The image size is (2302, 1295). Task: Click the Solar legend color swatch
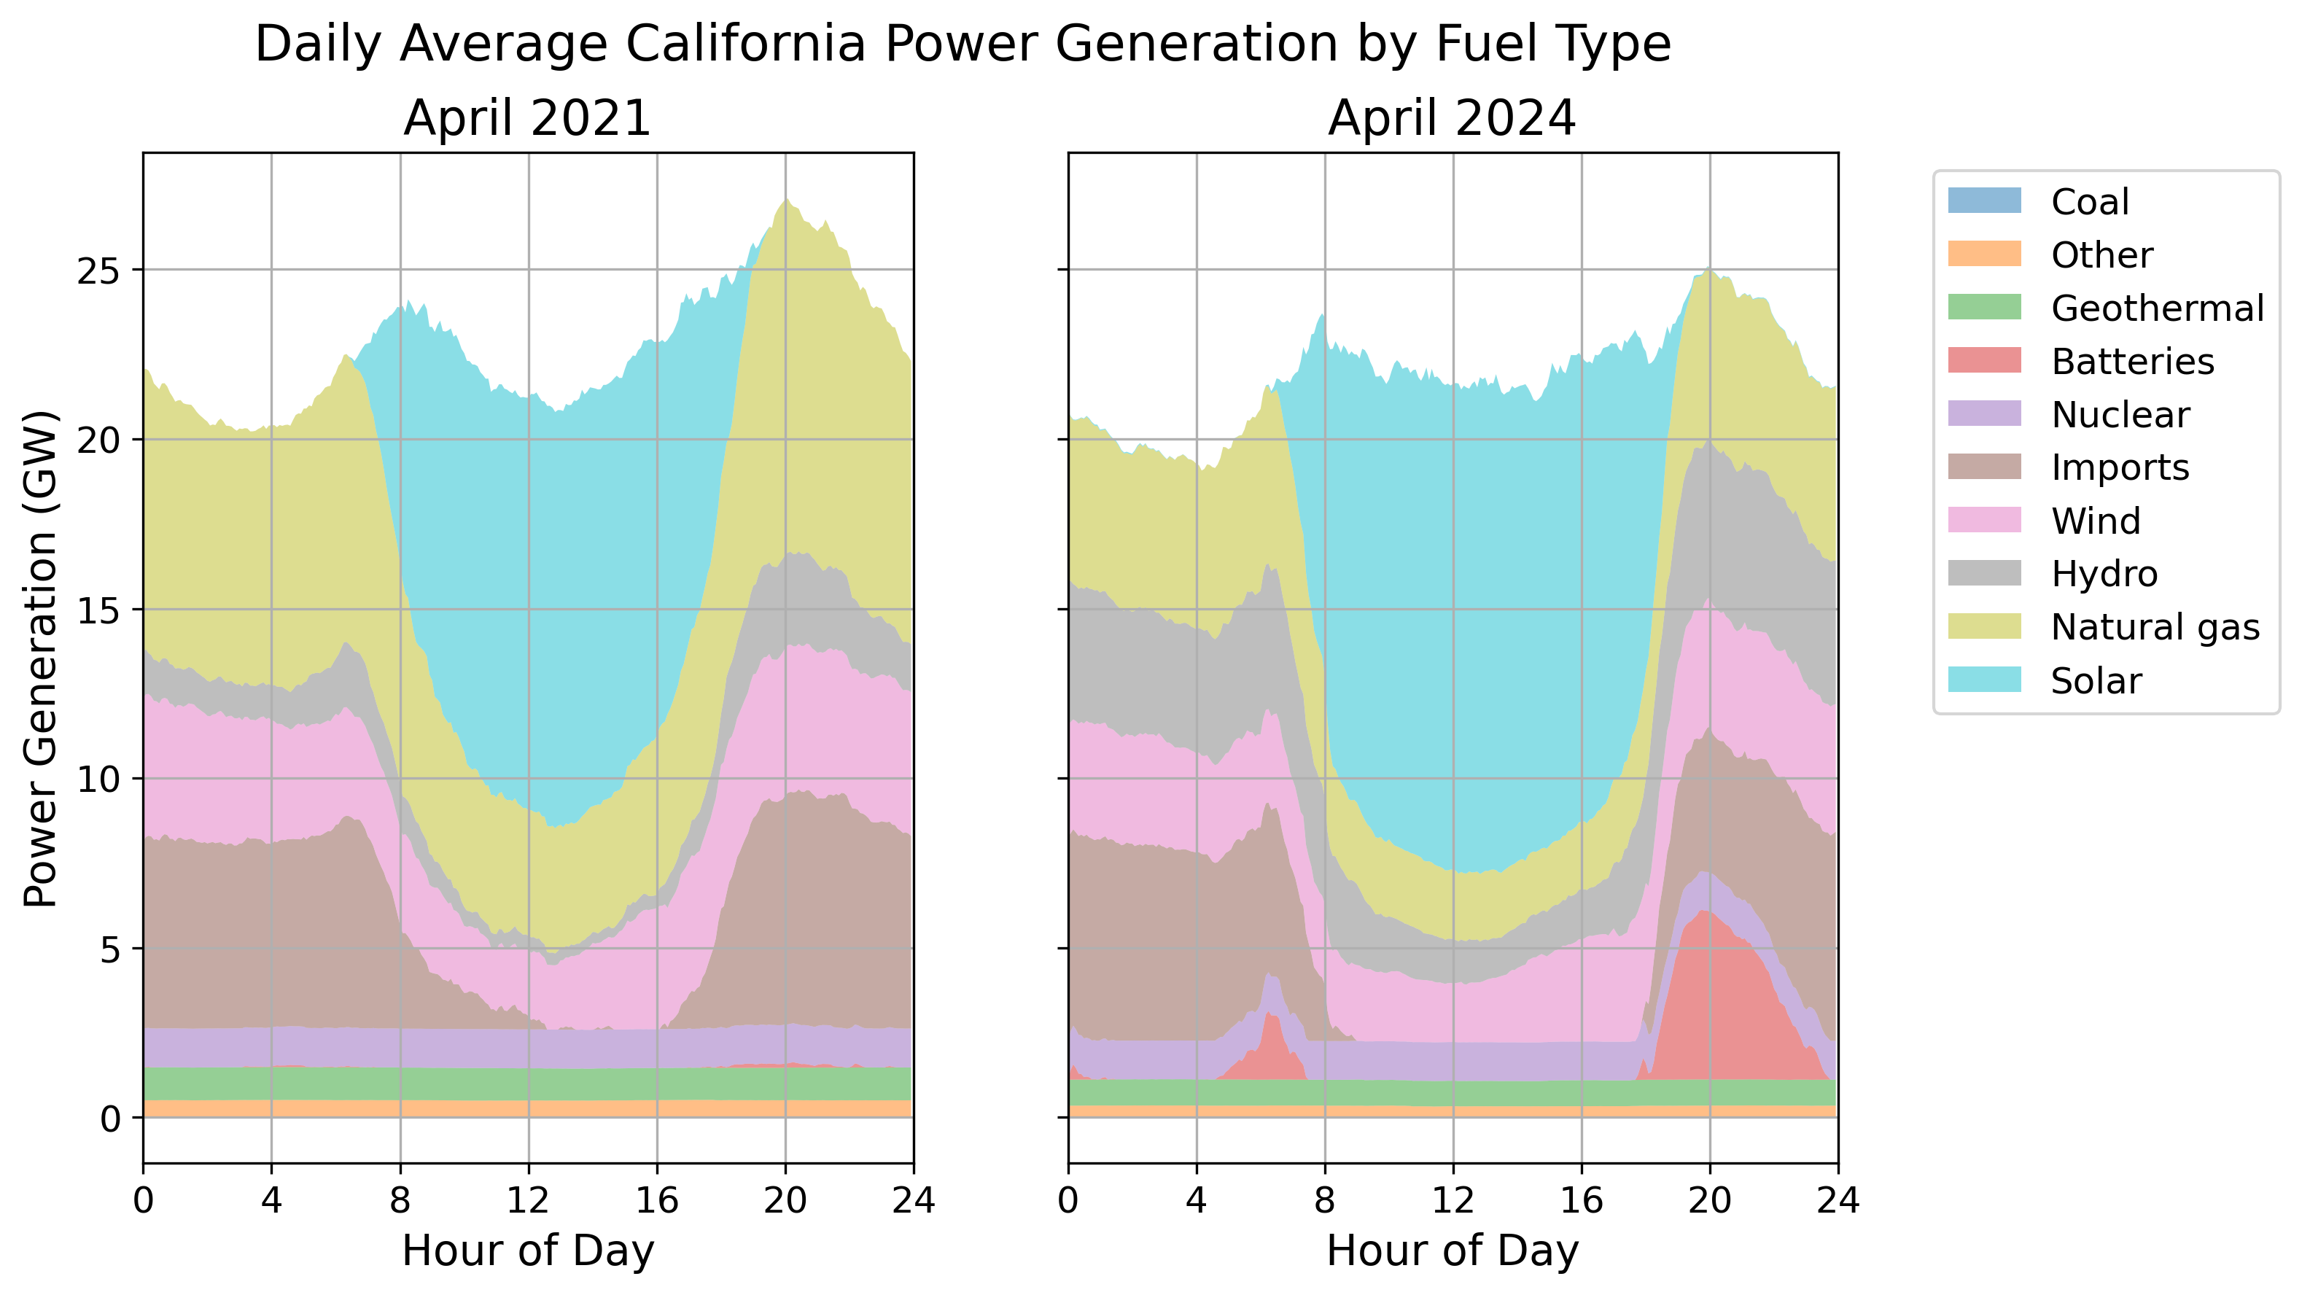tap(1984, 680)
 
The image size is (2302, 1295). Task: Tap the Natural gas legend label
tap(2155, 626)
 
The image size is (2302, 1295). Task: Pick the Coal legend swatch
tap(1984, 201)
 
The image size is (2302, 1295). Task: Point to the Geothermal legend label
tap(2157, 308)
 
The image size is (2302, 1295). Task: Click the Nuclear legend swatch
tap(1984, 413)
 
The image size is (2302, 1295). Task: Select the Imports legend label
tap(2120, 467)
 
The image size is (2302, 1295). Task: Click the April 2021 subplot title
tap(527, 118)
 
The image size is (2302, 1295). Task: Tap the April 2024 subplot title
tap(1453, 118)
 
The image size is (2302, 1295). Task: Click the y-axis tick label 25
tap(98, 271)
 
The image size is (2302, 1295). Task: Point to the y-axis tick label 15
tap(98, 610)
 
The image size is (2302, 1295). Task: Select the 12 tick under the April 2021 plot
tap(528, 1199)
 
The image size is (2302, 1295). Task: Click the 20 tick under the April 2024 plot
tap(1709, 1199)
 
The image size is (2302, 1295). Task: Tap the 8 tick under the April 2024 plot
tap(1325, 1199)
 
